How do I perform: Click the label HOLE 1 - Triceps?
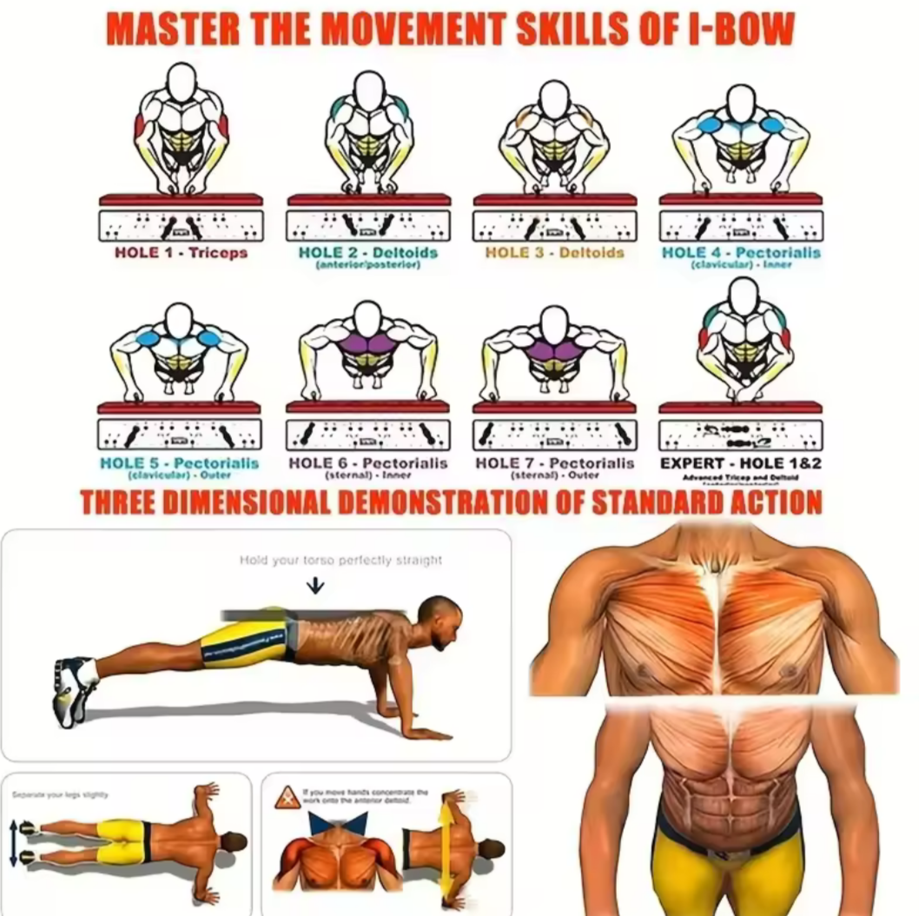coord(181,253)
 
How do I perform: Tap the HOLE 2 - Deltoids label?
coord(367,253)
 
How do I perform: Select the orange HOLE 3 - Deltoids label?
coord(554,253)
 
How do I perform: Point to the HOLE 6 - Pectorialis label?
coord(367,464)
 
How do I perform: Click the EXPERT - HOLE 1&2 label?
coord(740,463)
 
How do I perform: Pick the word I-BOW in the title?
coord(744,29)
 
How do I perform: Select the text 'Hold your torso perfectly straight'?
coord(340,561)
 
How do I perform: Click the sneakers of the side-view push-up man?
coord(75,690)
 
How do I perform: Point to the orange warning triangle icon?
coord(288,797)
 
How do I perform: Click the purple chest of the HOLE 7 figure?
coord(554,349)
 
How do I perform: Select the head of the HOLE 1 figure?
coord(181,83)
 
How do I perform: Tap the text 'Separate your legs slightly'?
coord(60,794)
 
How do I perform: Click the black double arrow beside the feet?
coord(13,842)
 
